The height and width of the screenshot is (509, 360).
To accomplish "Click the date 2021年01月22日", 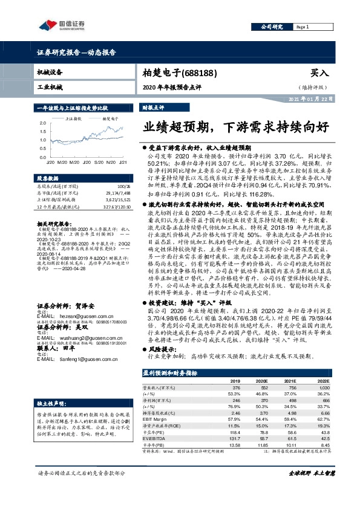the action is coord(310,99).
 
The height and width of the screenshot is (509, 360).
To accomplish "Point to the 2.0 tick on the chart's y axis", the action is coord(43,122).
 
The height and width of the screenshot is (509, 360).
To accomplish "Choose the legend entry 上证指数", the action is coord(74,119).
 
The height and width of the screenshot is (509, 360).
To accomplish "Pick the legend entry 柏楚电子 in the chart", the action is coord(102,119).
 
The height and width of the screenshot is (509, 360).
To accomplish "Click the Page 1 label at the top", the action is coord(303,27).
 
